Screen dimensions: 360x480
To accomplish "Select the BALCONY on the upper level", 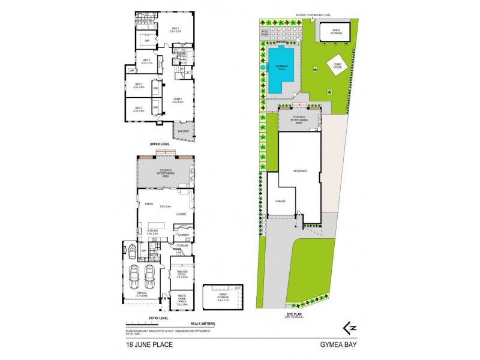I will tap(182, 131).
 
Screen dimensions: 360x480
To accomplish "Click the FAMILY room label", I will tap(178, 100).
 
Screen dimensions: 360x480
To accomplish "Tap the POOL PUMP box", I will tap(265, 34).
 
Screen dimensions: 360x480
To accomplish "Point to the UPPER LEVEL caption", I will tap(161, 145).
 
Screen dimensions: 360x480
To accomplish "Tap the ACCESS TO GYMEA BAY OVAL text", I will tap(310, 13).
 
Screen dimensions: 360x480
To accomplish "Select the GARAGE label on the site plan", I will tap(279, 200).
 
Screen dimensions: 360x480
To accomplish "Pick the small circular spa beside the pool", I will tap(263, 68).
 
